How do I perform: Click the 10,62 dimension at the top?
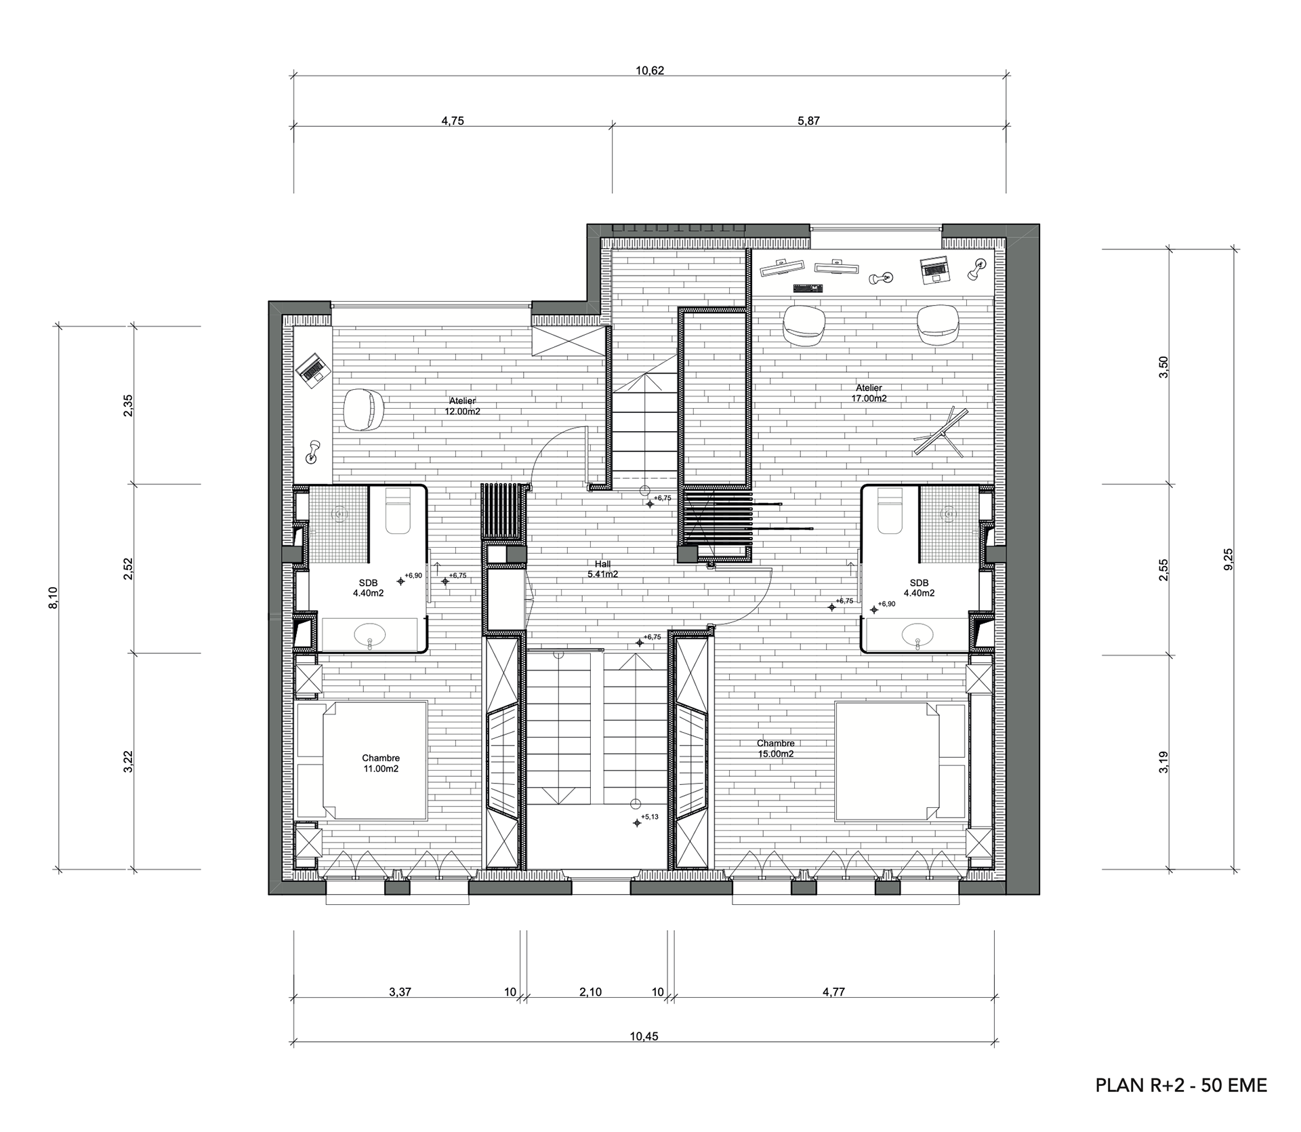click(649, 70)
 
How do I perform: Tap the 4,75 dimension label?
click(453, 121)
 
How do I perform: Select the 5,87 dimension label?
click(809, 121)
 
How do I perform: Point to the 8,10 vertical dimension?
click(53, 598)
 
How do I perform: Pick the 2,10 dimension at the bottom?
click(590, 992)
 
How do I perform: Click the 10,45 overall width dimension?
click(644, 1036)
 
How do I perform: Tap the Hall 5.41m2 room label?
click(602, 569)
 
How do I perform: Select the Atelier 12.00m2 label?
click(462, 406)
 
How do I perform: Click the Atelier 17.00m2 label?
click(869, 393)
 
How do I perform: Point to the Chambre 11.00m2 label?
click(381, 763)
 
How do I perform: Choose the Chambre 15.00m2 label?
click(776, 748)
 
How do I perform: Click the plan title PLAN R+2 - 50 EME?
click(1181, 1085)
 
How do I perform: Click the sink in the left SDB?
click(369, 634)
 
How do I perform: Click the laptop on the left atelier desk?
click(312, 369)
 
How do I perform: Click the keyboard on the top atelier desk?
click(808, 287)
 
